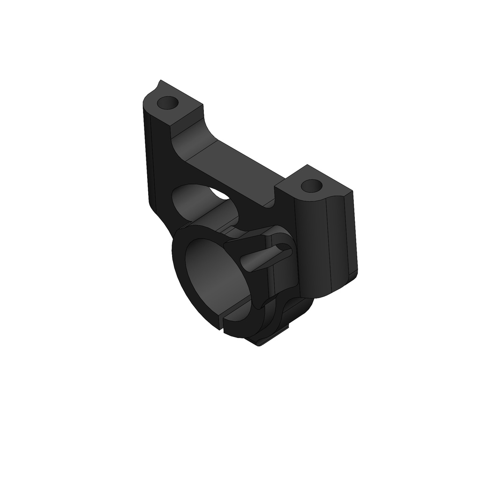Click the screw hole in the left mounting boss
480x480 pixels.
[x=167, y=102]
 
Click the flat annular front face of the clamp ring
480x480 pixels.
[x=180, y=262]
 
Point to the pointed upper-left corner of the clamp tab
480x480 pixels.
[x=225, y=244]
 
